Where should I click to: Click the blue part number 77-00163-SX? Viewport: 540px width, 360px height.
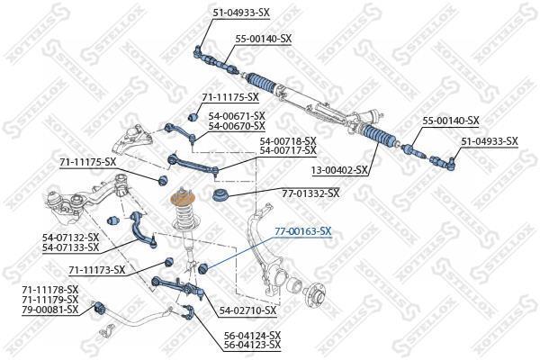click(x=302, y=231)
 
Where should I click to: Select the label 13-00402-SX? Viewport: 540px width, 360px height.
click(x=339, y=170)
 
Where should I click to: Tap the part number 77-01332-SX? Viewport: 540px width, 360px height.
click(x=310, y=193)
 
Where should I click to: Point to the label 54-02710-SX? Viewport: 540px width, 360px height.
click(x=248, y=310)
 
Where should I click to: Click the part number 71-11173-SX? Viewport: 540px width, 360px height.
click(x=97, y=270)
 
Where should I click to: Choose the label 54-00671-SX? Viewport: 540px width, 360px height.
click(x=237, y=116)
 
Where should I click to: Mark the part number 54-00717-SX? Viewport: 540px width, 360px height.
click(x=288, y=150)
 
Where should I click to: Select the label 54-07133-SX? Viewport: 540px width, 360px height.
click(x=70, y=247)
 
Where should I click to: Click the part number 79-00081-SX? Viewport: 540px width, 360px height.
click(x=50, y=309)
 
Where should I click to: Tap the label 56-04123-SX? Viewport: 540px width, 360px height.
click(x=252, y=344)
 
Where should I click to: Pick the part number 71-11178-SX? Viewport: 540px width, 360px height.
click(x=50, y=289)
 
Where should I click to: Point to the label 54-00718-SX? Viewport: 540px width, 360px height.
click(x=288, y=141)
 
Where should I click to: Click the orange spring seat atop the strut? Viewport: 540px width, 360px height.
click(x=184, y=200)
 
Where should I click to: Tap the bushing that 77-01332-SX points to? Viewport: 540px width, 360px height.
click(x=219, y=195)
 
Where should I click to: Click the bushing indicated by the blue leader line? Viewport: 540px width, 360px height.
click(x=203, y=267)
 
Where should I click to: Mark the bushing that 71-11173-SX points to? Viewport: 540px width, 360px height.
click(x=168, y=262)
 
